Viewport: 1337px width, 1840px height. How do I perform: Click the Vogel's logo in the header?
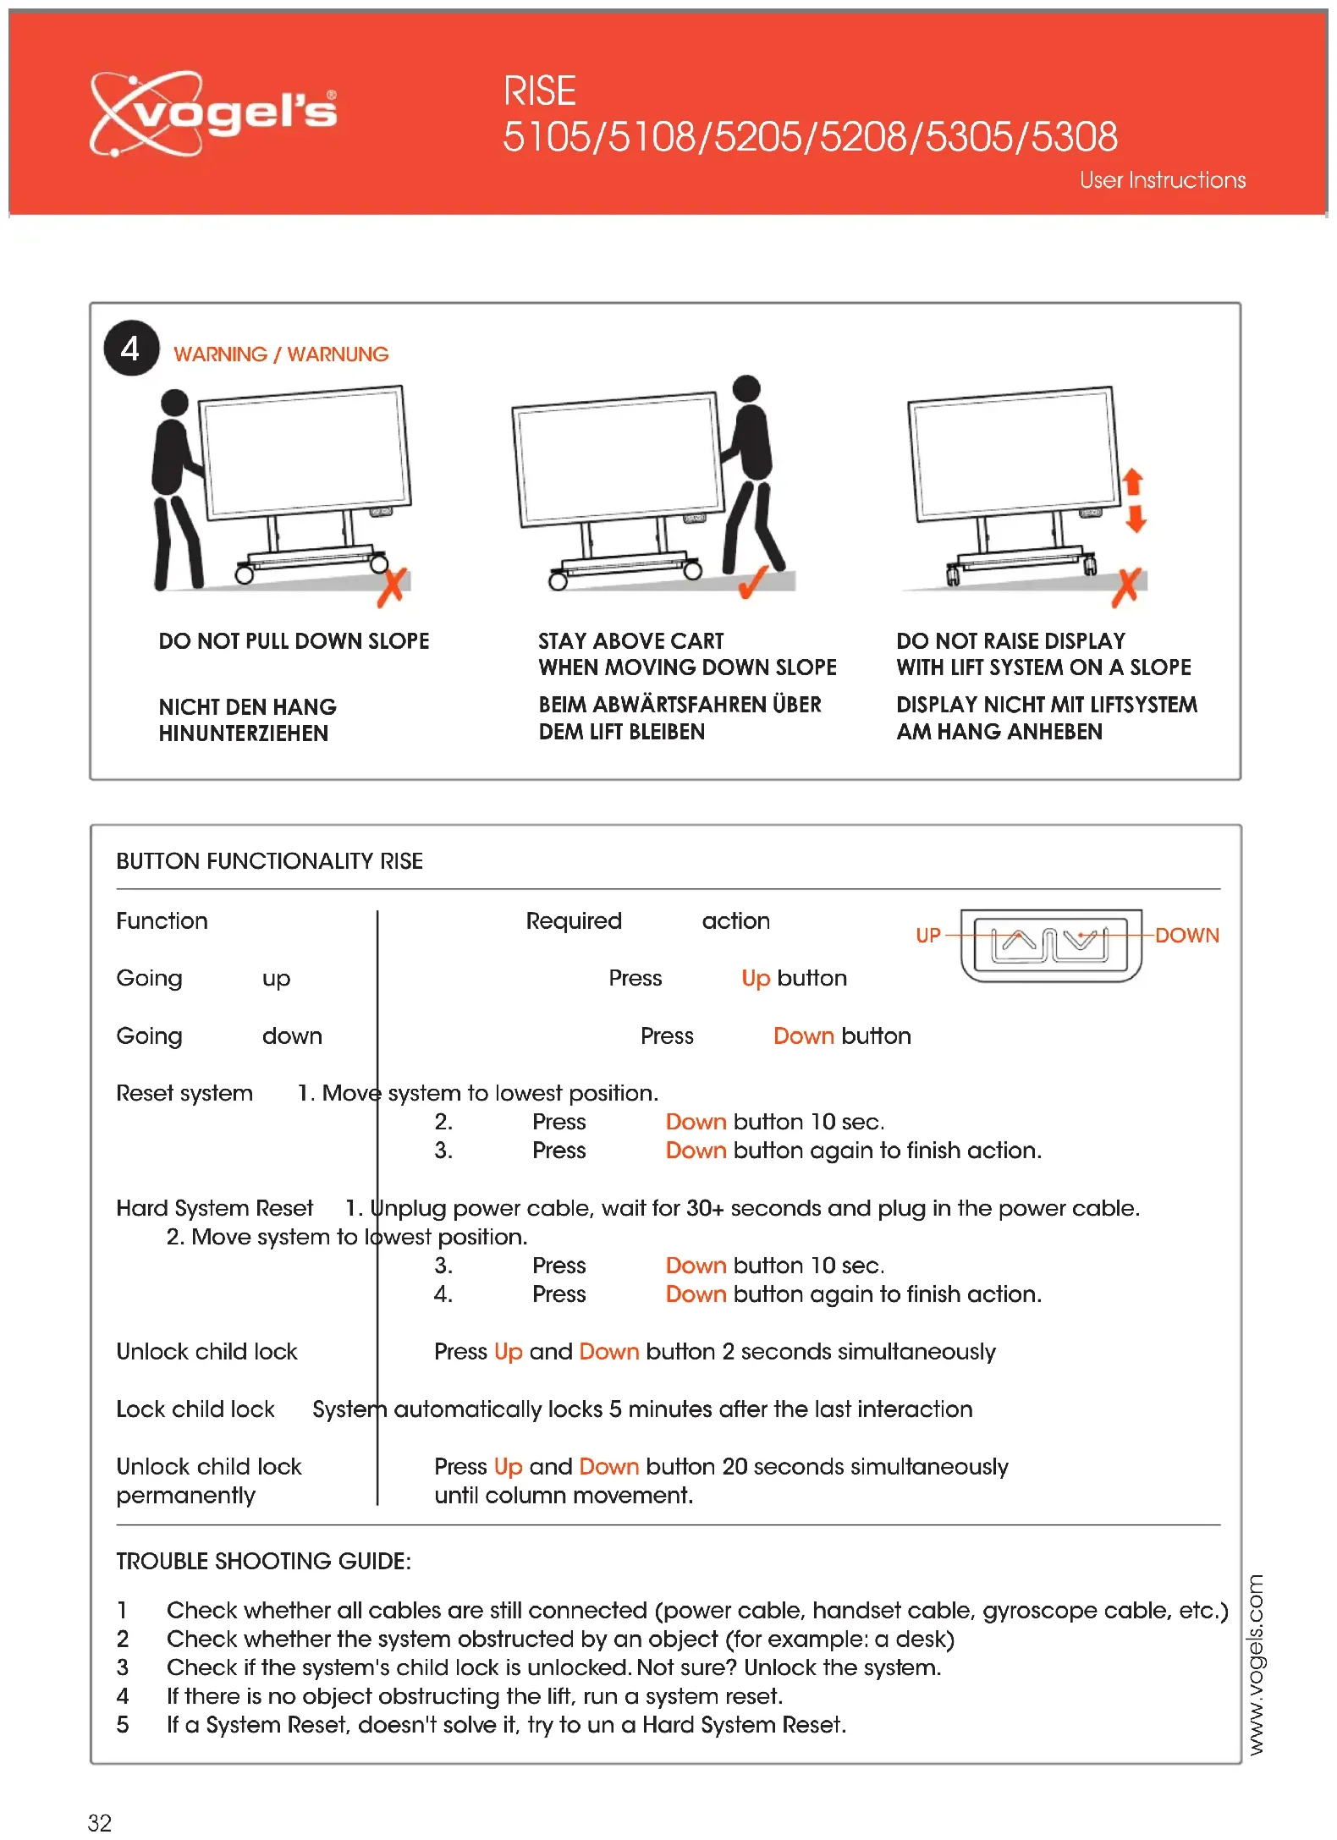[x=213, y=113]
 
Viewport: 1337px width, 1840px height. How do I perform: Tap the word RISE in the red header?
[x=539, y=91]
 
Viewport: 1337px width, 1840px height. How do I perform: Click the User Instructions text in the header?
[x=1162, y=180]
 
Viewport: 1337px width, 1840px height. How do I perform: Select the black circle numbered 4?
[x=131, y=349]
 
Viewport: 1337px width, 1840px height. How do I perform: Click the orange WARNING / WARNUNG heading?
[x=281, y=354]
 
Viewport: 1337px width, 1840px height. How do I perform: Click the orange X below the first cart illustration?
[x=392, y=587]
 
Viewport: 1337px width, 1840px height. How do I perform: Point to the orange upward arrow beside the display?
[x=1133, y=482]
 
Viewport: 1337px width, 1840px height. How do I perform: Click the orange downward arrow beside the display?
[x=1136, y=519]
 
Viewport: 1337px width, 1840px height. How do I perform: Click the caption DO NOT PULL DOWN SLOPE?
[x=294, y=641]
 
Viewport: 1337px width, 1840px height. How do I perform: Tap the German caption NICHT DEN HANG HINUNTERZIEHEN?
[x=247, y=720]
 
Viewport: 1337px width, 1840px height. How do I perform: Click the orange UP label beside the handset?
[x=928, y=936]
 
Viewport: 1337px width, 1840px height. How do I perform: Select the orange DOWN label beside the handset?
[x=1186, y=936]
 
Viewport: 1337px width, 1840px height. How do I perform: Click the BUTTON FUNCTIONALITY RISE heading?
[x=269, y=861]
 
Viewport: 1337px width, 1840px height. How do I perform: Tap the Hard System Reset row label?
[x=214, y=1208]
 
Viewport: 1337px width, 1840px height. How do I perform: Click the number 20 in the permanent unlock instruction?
[x=735, y=1466]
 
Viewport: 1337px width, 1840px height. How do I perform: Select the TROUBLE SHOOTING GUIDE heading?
[x=263, y=1561]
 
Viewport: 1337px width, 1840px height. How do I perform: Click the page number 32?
[x=100, y=1822]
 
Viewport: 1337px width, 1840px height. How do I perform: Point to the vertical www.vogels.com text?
[x=1256, y=1664]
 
